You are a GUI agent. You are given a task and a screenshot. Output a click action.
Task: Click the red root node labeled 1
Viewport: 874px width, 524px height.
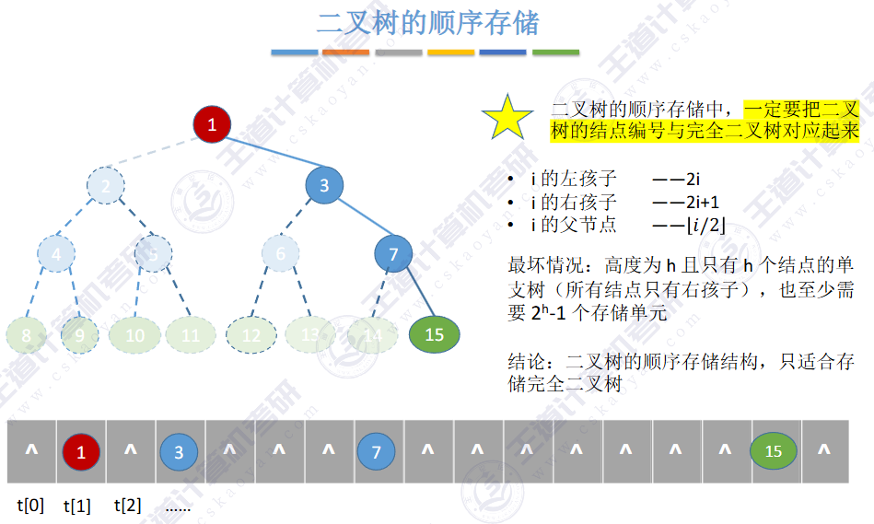point(212,124)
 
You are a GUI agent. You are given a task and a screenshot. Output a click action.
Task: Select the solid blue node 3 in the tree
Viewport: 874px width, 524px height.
point(324,186)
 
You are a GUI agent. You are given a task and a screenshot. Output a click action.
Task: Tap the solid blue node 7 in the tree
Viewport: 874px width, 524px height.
point(393,254)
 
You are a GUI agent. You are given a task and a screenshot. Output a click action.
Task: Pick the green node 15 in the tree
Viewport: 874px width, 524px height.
point(434,334)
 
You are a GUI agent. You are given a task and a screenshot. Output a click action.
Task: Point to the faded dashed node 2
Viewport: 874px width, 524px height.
point(106,186)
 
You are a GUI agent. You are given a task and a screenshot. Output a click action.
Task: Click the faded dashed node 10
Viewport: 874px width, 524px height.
point(135,335)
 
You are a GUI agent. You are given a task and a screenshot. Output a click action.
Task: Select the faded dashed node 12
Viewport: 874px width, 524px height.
point(251,335)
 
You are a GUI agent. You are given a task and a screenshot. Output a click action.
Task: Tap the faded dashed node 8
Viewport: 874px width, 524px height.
point(27,335)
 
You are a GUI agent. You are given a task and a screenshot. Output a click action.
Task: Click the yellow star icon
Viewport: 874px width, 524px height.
point(507,117)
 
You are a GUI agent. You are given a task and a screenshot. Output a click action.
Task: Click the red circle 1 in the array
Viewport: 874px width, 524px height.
point(81,451)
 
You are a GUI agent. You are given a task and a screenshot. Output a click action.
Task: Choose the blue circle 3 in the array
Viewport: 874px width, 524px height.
point(180,451)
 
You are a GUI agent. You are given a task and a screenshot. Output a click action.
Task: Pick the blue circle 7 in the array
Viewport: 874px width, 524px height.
point(376,451)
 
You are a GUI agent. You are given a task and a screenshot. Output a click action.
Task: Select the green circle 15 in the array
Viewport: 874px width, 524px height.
point(774,451)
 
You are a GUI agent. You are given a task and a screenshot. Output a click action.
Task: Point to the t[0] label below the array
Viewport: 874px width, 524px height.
point(30,505)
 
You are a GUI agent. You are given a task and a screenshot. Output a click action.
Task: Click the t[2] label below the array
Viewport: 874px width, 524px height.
point(127,505)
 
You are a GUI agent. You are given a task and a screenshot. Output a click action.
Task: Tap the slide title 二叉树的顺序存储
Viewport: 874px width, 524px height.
point(427,23)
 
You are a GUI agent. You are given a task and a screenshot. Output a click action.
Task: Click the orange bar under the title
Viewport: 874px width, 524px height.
point(346,52)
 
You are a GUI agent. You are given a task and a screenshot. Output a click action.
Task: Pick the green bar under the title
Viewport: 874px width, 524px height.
point(555,52)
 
